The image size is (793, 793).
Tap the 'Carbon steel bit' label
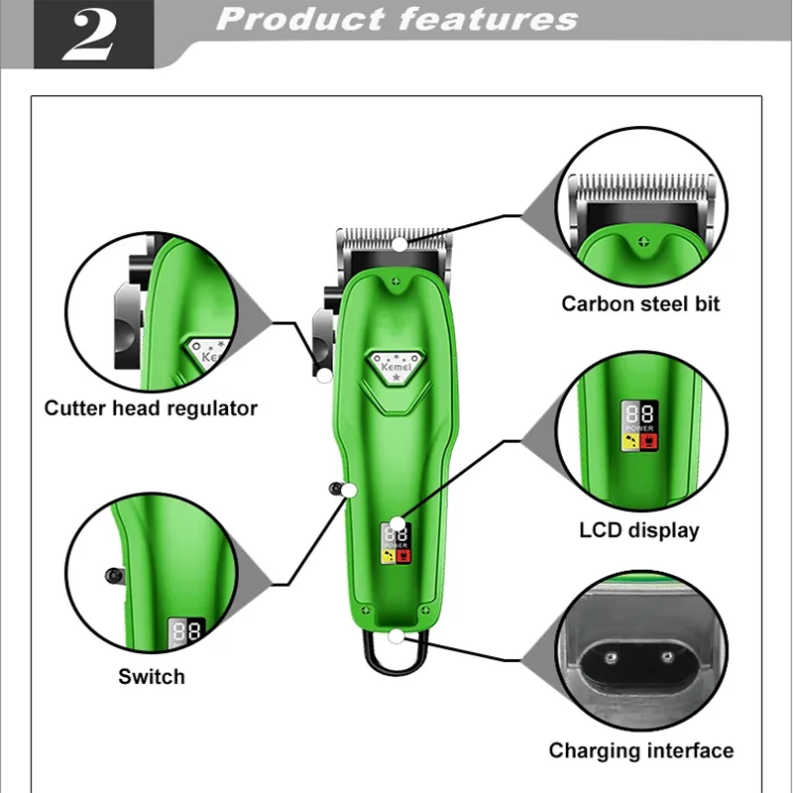click(640, 304)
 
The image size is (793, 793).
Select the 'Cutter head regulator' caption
click(151, 408)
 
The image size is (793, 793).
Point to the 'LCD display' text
click(639, 530)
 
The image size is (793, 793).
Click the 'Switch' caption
click(152, 677)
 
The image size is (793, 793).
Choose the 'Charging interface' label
click(641, 750)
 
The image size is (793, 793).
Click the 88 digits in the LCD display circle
click(636, 413)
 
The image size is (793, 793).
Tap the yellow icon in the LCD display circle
click(628, 442)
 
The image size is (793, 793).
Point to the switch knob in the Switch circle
click(114, 574)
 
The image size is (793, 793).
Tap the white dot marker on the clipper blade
click(399, 244)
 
